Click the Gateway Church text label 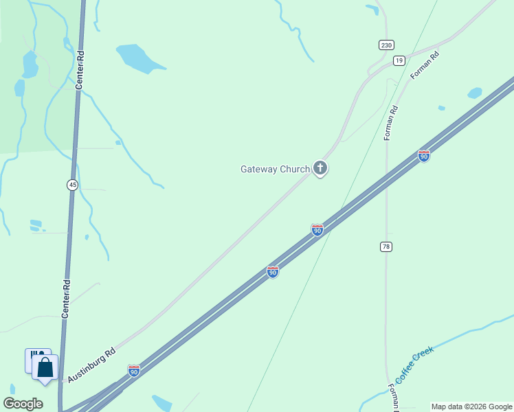pos(275,169)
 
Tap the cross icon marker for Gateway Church pos(320,167)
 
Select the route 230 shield pos(386,45)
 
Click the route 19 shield pos(399,61)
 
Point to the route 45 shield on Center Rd pos(72,184)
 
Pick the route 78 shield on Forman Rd pos(386,246)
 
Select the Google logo pos(23,404)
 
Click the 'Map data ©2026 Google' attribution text pos(472,407)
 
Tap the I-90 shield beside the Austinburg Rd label pos(134,371)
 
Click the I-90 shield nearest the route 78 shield pos(317,229)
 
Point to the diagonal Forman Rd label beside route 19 pos(424,64)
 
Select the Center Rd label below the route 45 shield pos(67,297)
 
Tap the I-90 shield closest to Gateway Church pos(317,229)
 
